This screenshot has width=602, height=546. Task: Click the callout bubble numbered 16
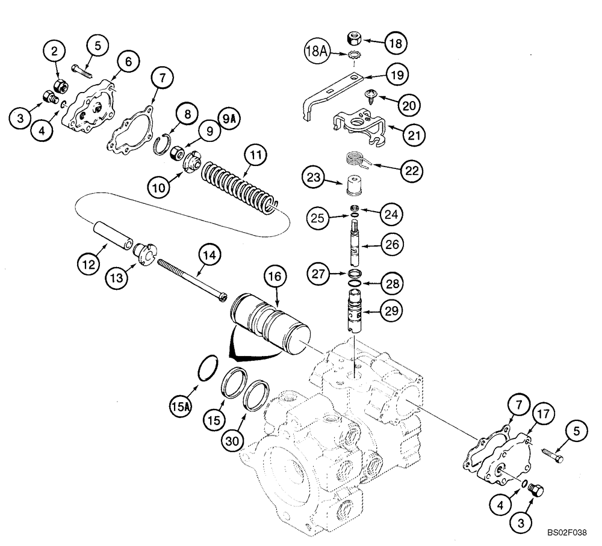click(275, 277)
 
